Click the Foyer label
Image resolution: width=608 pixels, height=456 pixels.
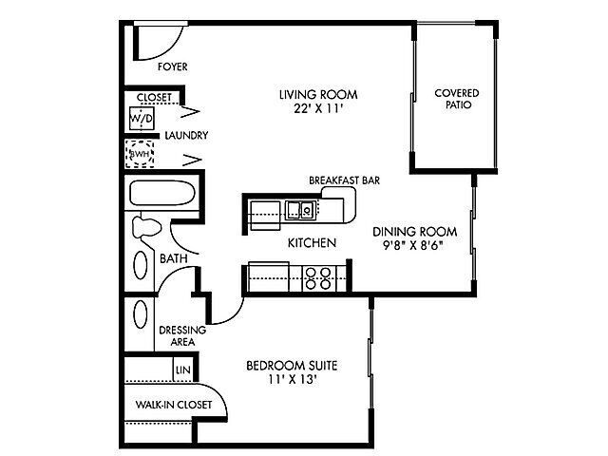pos(173,67)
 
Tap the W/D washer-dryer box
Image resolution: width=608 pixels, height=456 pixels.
pos(142,117)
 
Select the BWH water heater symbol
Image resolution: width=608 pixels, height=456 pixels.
pos(142,154)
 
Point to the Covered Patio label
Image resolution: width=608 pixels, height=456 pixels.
pos(456,98)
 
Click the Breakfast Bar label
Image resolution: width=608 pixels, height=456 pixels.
pos(344,180)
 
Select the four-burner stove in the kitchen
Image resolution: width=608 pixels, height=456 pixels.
pos(318,277)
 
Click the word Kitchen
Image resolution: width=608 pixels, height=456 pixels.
pos(312,243)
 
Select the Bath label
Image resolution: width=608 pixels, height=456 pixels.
pos(172,257)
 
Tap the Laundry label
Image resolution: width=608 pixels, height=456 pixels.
pos(185,136)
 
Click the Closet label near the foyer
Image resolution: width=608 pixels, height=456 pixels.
pos(154,97)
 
